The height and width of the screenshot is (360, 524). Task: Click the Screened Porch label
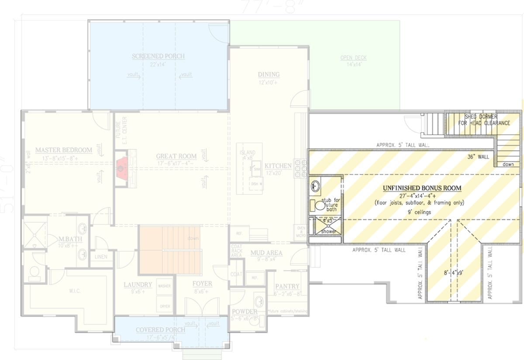(158, 56)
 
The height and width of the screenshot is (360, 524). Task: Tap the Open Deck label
(353, 58)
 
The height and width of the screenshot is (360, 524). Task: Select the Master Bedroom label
(64, 150)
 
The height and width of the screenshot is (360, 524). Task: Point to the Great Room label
(176, 156)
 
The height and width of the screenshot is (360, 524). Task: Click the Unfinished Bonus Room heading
(422, 188)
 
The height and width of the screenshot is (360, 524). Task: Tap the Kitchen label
(278, 166)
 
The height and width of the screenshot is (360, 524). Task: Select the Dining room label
(269, 74)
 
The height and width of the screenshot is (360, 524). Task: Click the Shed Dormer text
(481, 117)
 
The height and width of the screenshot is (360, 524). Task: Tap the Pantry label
(287, 286)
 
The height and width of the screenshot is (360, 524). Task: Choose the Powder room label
(245, 312)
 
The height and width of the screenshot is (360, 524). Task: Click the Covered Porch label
(160, 329)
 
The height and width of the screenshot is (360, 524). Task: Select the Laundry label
(138, 285)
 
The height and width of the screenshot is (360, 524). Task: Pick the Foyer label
(203, 284)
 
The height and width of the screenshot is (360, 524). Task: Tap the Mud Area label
(266, 253)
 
